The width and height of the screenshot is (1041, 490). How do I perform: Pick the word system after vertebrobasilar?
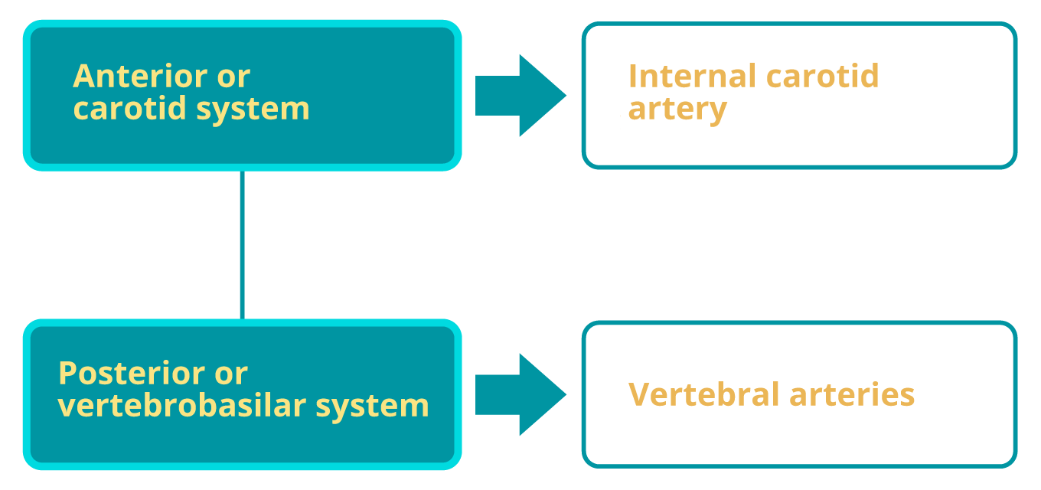point(372,405)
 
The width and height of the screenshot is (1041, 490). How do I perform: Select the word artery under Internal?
point(677,109)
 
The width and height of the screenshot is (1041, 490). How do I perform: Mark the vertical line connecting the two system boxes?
point(242,245)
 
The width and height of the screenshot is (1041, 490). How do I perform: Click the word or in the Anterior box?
point(234,77)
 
